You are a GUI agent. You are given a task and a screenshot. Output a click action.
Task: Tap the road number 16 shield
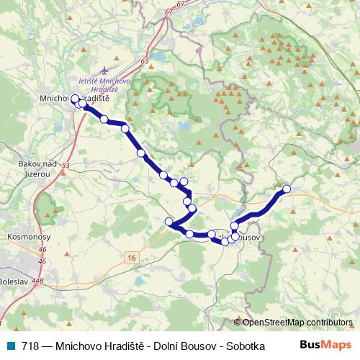(130, 257)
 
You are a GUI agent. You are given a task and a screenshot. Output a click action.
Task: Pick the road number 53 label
(66, 166)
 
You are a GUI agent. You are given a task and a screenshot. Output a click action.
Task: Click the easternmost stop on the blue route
(287, 189)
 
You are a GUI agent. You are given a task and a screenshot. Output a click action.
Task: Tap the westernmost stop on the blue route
(75, 99)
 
